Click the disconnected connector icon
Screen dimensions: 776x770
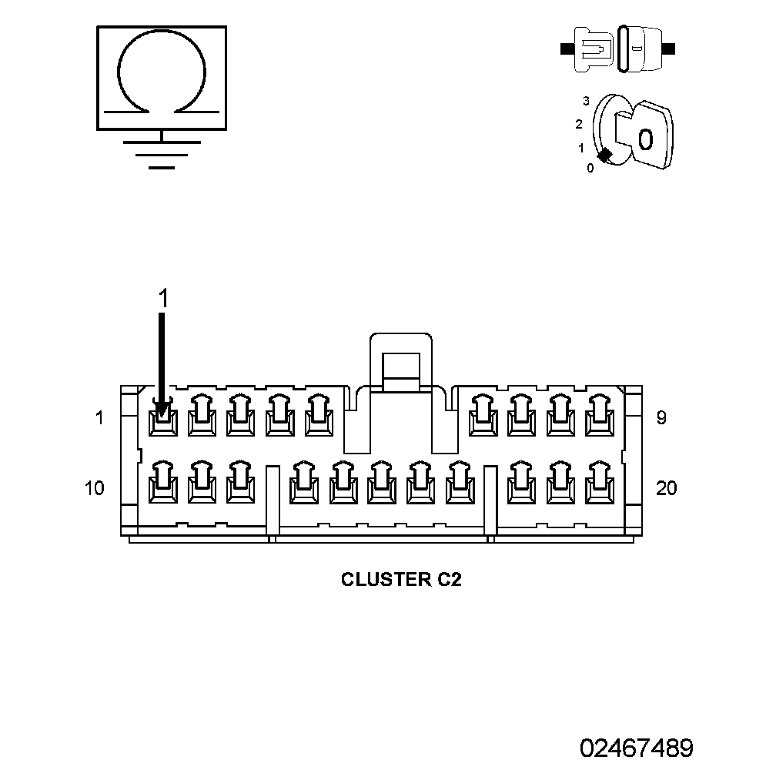point(617,49)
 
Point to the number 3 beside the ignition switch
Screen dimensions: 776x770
point(586,101)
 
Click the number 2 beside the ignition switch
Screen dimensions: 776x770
point(579,124)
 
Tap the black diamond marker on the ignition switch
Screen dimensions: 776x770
point(604,156)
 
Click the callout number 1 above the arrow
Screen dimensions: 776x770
point(163,299)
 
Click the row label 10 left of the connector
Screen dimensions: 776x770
point(95,488)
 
